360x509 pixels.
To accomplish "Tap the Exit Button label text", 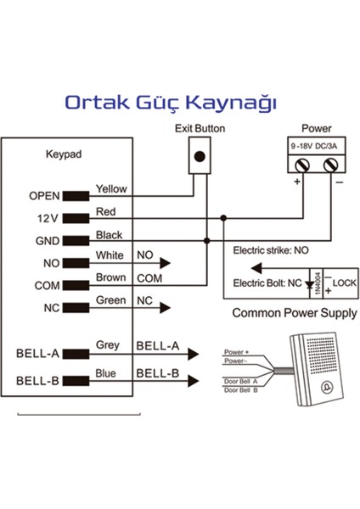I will [x=200, y=129].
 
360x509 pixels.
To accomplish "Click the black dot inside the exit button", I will [x=200, y=157].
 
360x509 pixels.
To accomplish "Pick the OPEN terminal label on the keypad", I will [x=44, y=195].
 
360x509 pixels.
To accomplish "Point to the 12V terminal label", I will [x=48, y=218].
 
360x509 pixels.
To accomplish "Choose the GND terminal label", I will [x=47, y=241].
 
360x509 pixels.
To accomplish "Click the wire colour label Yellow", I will [x=111, y=188].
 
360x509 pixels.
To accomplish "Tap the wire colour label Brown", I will [x=110, y=277].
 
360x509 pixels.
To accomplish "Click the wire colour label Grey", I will [x=108, y=345].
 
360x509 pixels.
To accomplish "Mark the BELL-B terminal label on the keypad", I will [x=37, y=380].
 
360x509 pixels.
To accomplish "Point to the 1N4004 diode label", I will [x=316, y=282].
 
